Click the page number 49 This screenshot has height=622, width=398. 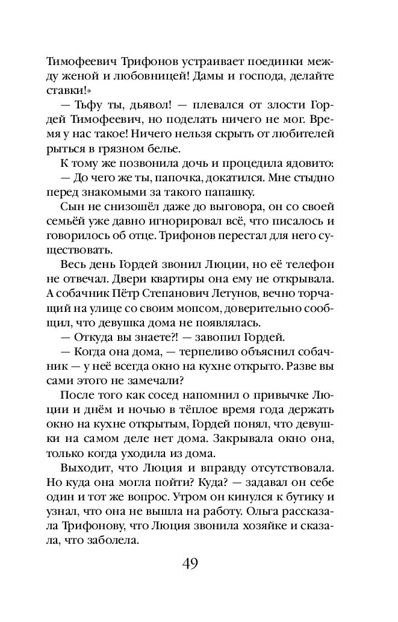[x=190, y=565]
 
